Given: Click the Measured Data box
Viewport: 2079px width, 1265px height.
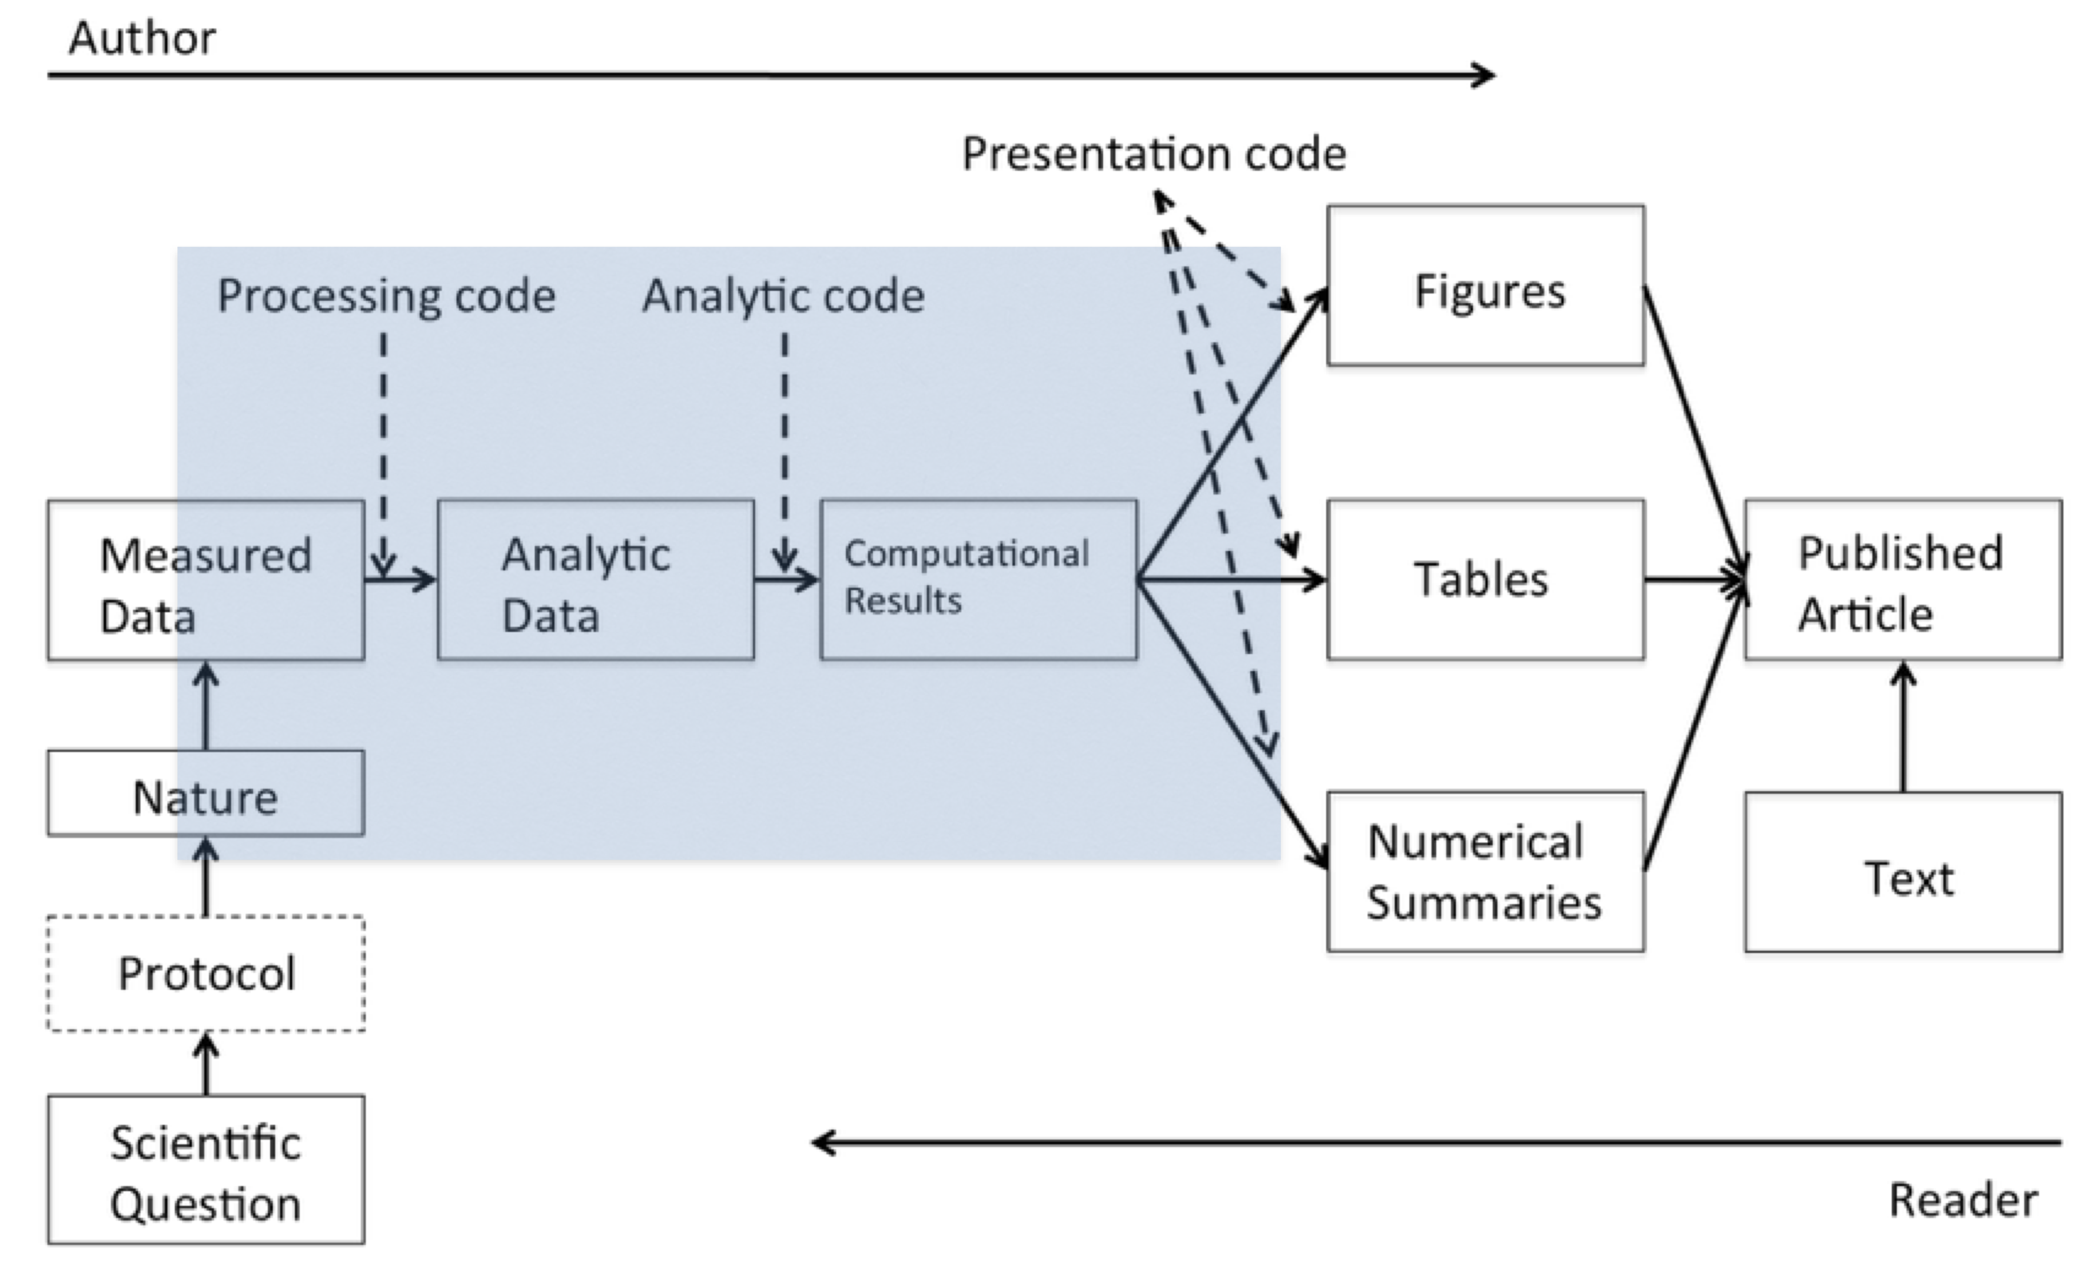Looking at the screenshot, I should pyautogui.click(x=206, y=580).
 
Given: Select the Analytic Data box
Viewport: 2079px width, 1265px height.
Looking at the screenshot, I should pyautogui.click(x=596, y=580).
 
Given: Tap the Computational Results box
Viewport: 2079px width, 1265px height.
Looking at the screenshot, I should pyautogui.click(x=979, y=580).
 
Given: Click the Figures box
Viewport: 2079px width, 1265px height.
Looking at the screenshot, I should pyautogui.click(x=1486, y=286).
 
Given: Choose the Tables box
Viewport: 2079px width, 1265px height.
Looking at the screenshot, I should pyautogui.click(x=1486, y=580).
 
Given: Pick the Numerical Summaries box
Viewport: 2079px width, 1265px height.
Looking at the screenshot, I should pyautogui.click(x=1486, y=872).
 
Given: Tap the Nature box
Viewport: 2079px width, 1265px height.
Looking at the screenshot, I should pyautogui.click(x=206, y=794).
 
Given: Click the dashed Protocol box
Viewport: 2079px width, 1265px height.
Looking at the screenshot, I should pyautogui.click(x=206, y=973).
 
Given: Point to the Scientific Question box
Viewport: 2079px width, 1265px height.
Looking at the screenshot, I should pyautogui.click(x=206, y=1170).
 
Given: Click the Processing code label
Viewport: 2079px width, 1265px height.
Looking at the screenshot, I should pyautogui.click(x=387, y=296).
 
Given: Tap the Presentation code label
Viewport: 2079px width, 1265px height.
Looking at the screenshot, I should pyautogui.click(x=1154, y=154).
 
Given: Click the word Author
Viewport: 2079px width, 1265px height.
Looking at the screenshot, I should pyautogui.click(x=142, y=39).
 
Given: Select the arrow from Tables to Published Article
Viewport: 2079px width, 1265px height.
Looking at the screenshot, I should pyautogui.click(x=1694, y=580).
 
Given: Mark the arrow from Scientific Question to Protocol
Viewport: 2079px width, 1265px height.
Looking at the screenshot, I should pyautogui.click(x=206, y=1065).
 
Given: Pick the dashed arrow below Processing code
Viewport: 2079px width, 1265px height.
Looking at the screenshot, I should pyautogui.click(x=384, y=447).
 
